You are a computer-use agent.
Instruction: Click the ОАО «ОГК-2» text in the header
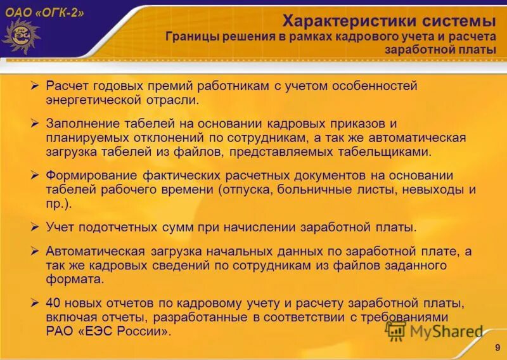click(x=44, y=13)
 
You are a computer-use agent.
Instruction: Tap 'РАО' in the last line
click(x=59, y=331)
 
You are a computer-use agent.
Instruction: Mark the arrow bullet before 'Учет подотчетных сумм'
click(x=35, y=226)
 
